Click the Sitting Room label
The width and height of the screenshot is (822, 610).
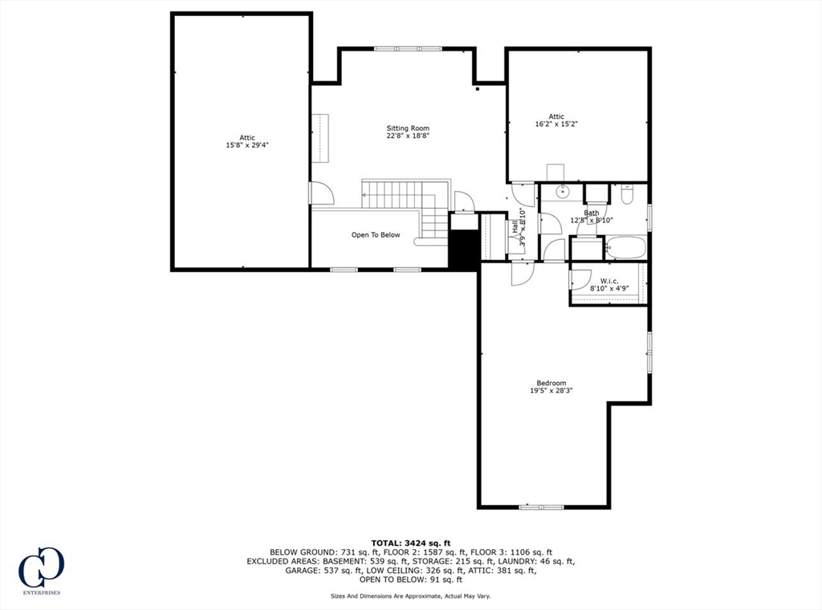(x=408, y=128)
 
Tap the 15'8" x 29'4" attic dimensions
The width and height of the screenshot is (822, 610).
(x=247, y=146)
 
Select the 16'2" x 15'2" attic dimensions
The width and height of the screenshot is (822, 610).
(x=556, y=124)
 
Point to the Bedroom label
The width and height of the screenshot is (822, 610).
(x=551, y=383)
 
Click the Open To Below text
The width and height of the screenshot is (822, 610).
(x=375, y=235)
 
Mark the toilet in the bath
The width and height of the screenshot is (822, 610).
(x=628, y=194)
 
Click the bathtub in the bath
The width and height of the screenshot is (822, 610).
(x=625, y=247)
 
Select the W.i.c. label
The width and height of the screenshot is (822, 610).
(x=608, y=281)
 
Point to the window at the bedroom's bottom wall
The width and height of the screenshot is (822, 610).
(x=541, y=507)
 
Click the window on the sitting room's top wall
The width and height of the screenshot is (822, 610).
(x=408, y=49)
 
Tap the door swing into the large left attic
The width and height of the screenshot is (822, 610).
(x=320, y=193)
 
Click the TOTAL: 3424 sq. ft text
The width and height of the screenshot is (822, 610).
(x=410, y=543)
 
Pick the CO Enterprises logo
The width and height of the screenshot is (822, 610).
(x=41, y=571)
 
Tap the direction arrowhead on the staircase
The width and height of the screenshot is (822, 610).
(x=364, y=194)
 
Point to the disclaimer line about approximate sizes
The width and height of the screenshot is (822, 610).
(x=410, y=596)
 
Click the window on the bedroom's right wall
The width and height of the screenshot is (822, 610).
(x=649, y=352)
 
